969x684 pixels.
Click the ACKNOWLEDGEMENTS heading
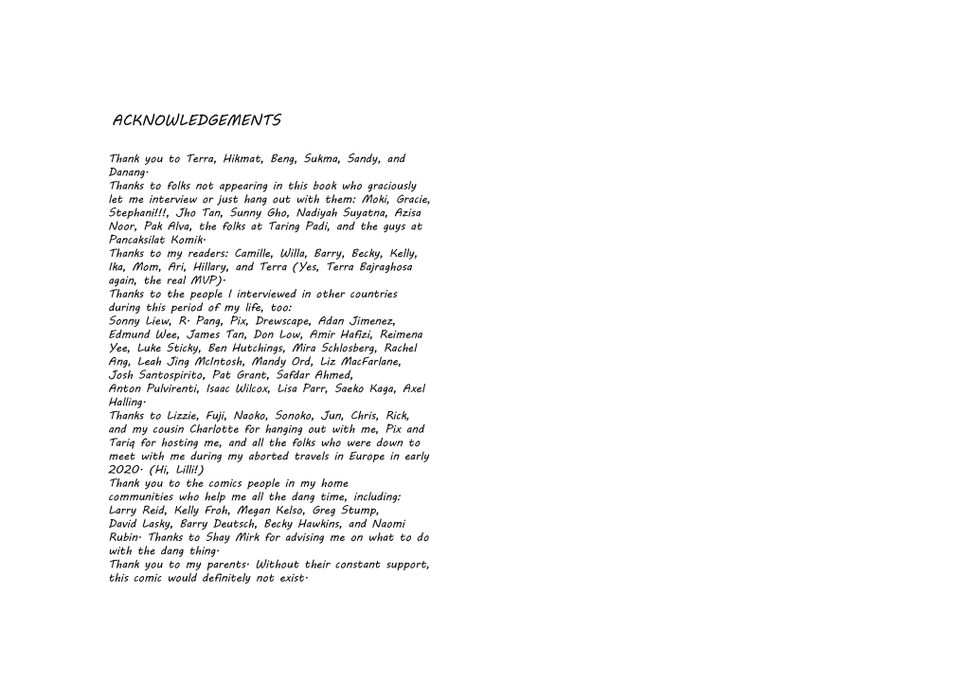pyautogui.click(x=196, y=121)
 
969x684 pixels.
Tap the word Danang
pyautogui.click(x=127, y=173)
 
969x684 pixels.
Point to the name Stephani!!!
pyautogui.click(x=136, y=214)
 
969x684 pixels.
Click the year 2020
pyautogui.click(x=123, y=470)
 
